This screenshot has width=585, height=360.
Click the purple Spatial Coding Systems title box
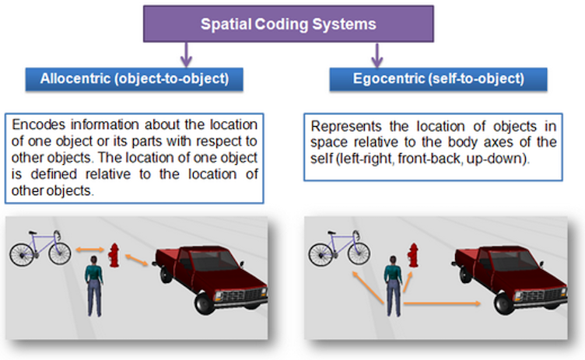289,24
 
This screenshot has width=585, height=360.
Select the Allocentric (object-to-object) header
135,79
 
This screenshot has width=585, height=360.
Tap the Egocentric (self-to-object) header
437,79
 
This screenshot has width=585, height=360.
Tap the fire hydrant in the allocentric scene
115,254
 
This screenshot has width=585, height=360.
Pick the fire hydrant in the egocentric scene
414,254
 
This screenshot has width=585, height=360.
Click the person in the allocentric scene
93,288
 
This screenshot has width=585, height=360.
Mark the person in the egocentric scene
391,288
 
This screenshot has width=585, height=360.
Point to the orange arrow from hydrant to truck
138,260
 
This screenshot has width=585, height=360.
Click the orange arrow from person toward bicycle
366,287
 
